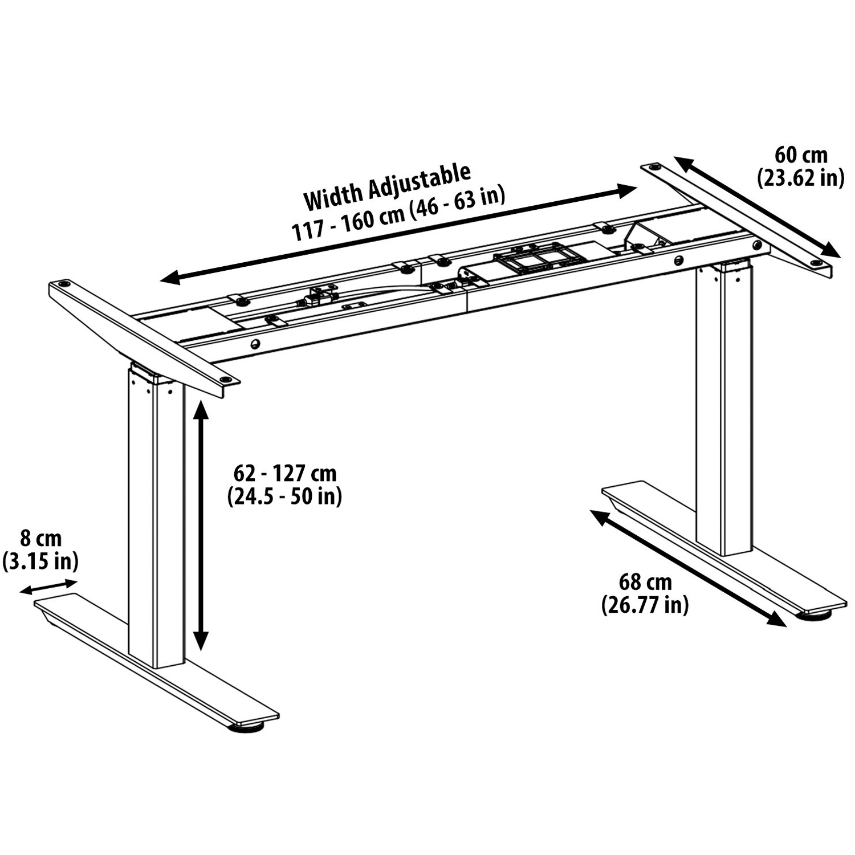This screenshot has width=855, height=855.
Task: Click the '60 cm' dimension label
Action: (800, 154)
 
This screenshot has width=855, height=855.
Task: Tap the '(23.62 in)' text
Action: (800, 178)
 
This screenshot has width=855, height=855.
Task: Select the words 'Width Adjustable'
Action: (388, 186)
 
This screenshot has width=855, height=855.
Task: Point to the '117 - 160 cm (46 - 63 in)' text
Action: (399, 215)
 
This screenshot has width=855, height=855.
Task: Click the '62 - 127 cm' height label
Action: (285, 473)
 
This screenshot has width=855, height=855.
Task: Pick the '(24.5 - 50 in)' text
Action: (285, 496)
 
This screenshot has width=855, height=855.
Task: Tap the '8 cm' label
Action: (40, 538)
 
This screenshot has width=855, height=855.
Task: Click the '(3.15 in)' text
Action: (40, 561)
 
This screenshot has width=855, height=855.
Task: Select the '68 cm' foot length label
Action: (645, 582)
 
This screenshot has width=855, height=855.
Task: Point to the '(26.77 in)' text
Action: (645, 605)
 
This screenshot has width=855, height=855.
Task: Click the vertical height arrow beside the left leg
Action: (199, 524)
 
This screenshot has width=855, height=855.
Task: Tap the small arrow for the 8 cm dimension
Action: (48, 587)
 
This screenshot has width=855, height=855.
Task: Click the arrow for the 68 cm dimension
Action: (688, 568)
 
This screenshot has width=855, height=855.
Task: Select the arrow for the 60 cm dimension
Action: (758, 208)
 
